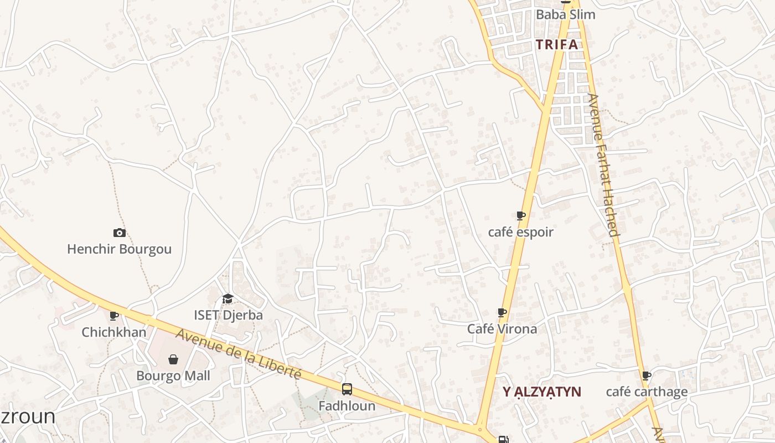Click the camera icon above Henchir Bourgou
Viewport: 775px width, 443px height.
point(119,233)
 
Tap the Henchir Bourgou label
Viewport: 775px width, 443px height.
point(119,249)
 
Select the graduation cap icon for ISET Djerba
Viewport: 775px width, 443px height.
point(228,299)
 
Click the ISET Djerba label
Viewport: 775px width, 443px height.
point(228,315)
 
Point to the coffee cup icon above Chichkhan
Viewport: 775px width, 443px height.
point(114,316)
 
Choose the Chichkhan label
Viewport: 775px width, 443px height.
point(114,332)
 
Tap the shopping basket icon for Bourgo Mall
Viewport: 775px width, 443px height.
point(173,360)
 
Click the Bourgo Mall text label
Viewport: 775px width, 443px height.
point(173,376)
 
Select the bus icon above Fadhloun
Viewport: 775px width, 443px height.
point(347,389)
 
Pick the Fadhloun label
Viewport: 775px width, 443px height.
point(347,406)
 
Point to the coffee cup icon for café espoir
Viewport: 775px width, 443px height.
point(520,215)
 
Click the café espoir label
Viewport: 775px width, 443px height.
point(520,232)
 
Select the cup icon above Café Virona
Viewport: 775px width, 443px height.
point(502,313)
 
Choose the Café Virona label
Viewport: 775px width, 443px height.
point(502,329)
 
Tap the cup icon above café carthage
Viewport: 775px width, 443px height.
point(646,376)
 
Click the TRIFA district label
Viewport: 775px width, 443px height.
point(557,45)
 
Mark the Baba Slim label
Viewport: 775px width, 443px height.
point(565,14)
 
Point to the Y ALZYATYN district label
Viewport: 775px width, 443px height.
point(542,392)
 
